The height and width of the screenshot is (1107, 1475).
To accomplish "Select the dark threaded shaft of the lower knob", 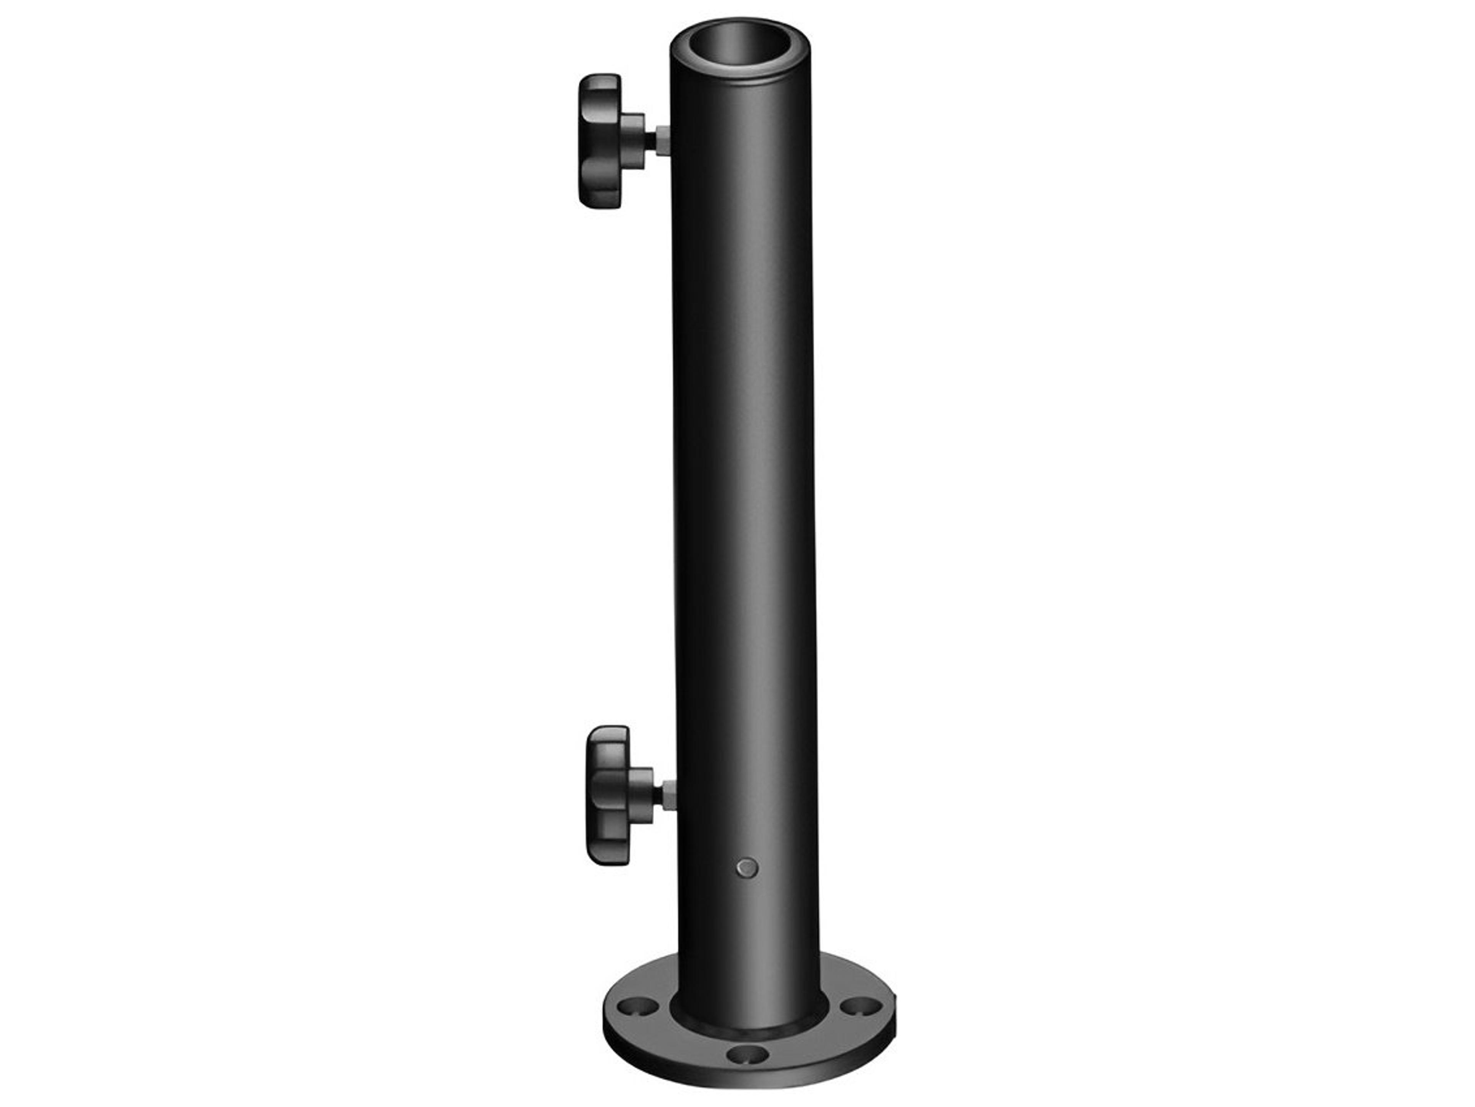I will (x=658, y=795).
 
